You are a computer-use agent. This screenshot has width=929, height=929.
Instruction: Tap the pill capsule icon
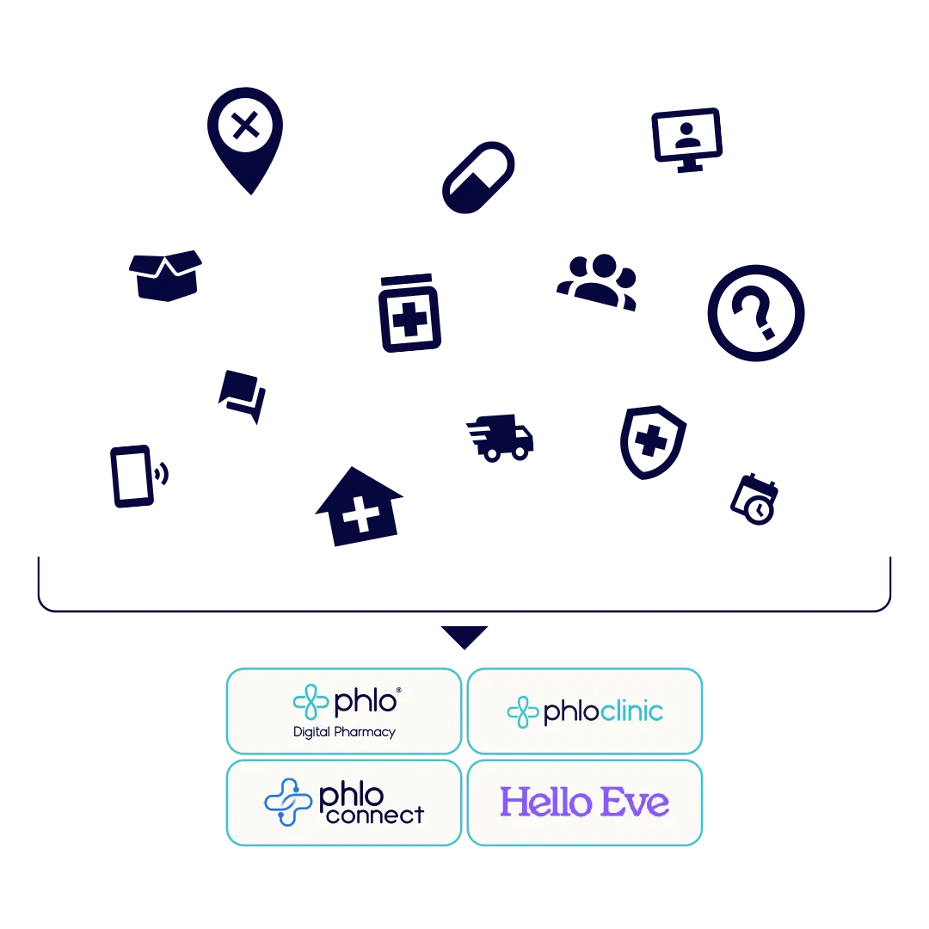point(478,177)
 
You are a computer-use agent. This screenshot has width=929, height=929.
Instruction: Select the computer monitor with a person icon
point(686,140)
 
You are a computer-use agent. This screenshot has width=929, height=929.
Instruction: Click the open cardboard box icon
point(165,275)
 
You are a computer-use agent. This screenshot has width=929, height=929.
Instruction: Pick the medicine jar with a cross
point(409,313)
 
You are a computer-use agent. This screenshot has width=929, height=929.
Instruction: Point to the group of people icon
point(597,282)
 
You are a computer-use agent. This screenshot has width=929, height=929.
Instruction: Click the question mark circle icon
point(756,313)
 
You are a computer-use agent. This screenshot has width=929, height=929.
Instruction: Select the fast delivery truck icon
point(500,438)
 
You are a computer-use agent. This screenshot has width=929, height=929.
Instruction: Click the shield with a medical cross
point(652,442)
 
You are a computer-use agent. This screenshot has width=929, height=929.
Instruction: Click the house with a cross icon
point(359,507)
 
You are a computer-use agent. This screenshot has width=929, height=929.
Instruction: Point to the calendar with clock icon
point(754,500)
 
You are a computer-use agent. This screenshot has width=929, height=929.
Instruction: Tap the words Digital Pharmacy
point(344,732)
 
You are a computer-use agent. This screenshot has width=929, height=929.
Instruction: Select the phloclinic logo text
point(603,711)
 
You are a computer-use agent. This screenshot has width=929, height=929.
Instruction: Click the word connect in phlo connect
point(375,815)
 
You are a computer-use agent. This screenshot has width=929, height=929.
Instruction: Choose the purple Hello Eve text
point(585,803)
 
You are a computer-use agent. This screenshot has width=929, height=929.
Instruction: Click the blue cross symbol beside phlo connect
point(288,803)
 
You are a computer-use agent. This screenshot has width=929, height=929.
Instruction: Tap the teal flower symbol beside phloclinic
point(523,711)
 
